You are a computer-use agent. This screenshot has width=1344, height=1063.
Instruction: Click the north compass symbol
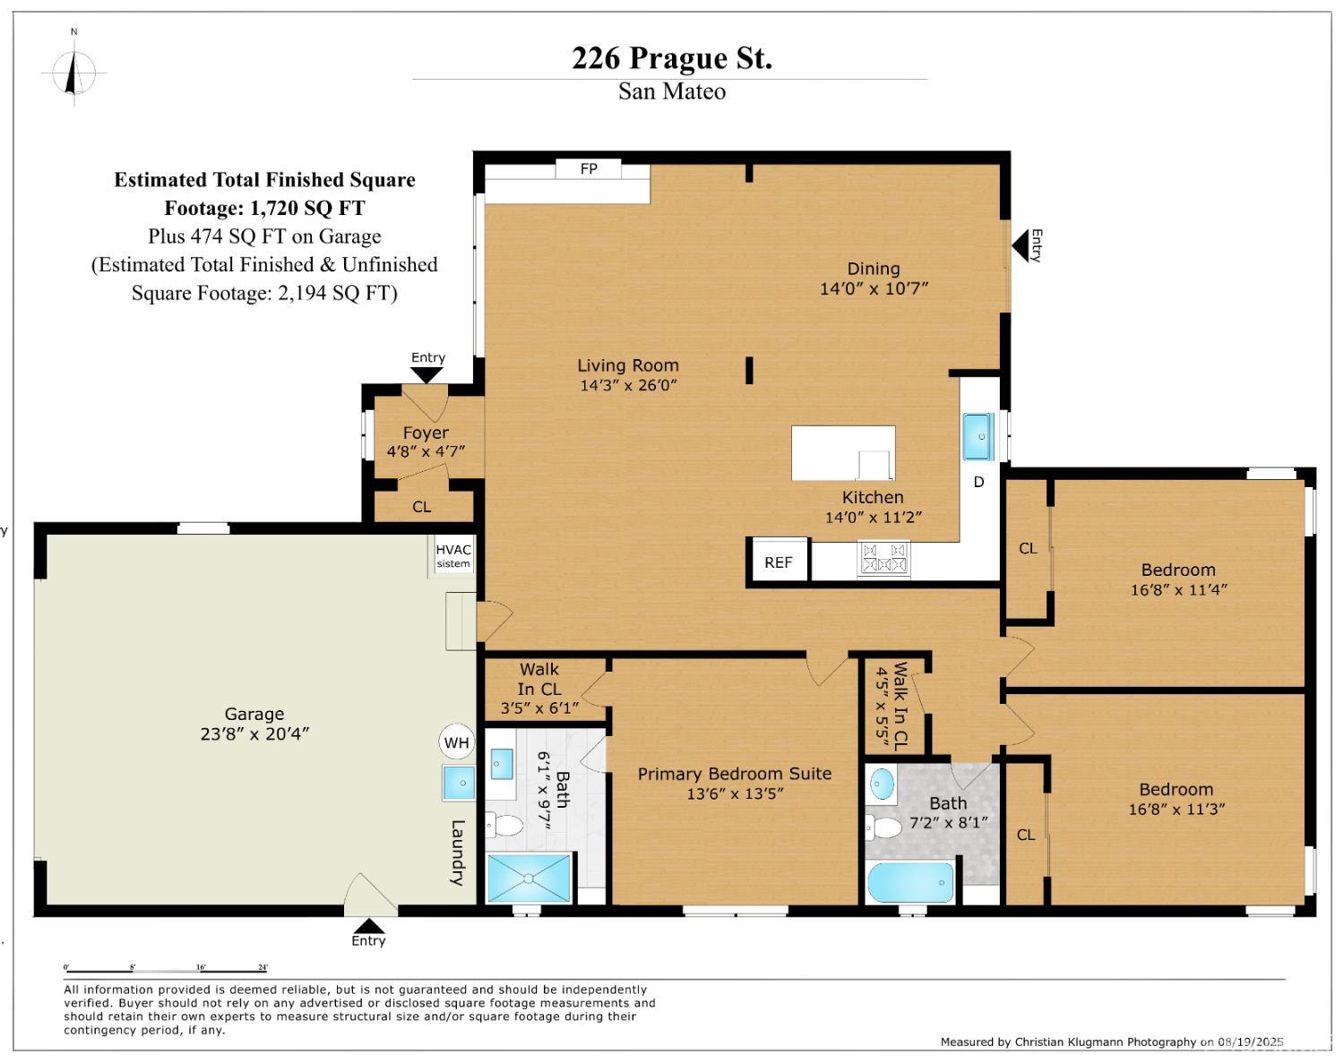coord(74,73)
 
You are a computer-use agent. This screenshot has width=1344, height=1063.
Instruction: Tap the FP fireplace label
coord(589,168)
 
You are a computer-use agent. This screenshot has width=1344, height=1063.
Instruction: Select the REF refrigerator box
coord(778,562)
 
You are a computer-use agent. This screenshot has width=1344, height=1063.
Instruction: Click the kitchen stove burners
coord(883,558)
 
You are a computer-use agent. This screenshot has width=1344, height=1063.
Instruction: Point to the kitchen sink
coord(978,436)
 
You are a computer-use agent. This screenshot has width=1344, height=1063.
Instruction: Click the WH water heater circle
coord(457,742)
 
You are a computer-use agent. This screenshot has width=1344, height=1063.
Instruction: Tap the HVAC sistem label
coord(453,555)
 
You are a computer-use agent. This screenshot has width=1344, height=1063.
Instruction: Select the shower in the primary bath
coord(529,879)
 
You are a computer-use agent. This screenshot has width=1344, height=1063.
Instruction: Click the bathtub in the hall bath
coord(910,882)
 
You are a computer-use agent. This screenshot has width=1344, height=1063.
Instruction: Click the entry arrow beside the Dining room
coord(1021,245)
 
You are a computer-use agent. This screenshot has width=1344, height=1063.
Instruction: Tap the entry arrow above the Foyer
coord(426,375)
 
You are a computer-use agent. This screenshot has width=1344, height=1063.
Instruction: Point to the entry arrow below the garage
coord(368,926)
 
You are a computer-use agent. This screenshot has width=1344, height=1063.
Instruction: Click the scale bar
coord(166,972)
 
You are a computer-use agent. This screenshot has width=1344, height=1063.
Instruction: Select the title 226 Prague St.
coord(672,58)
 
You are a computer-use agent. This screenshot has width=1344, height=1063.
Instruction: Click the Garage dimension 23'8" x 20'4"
coord(254,734)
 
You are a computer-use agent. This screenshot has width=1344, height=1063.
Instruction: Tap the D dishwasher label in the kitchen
coord(978,482)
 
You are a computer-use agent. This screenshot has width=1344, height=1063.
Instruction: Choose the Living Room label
coord(628,365)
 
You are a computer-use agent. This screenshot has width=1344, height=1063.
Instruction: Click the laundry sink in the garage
coord(459,783)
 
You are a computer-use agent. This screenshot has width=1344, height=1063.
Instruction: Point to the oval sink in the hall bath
coord(882,784)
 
